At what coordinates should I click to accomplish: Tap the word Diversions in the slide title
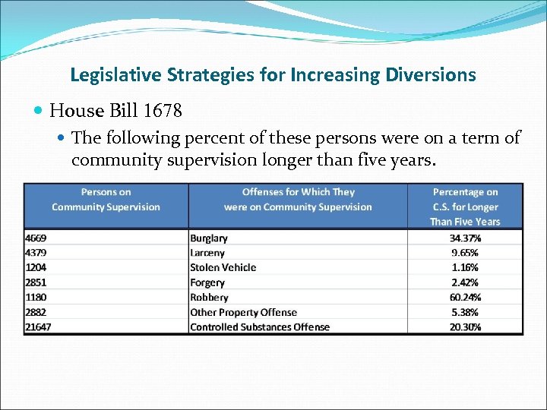[x=430, y=75]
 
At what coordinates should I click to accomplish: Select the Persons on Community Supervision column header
[x=106, y=200]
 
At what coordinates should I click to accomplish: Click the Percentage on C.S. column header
[x=465, y=207]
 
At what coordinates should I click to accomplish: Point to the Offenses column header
[x=298, y=200]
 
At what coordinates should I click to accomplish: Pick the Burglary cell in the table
[x=209, y=238]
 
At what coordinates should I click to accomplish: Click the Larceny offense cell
[x=207, y=253]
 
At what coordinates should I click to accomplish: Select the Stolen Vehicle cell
[x=223, y=267]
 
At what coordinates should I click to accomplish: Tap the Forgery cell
[x=207, y=282]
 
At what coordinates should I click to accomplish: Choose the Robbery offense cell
[x=209, y=298]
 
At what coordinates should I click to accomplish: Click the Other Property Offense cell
[x=243, y=312]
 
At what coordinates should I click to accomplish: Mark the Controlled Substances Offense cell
[x=260, y=327]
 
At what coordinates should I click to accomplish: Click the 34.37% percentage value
[x=465, y=238]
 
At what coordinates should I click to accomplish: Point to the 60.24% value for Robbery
[x=465, y=298]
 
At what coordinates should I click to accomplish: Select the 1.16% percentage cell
[x=465, y=267]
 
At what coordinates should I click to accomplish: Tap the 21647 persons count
[x=39, y=327]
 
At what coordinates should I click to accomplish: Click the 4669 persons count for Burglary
[x=36, y=238]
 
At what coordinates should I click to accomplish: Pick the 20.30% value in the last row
[x=465, y=327]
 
